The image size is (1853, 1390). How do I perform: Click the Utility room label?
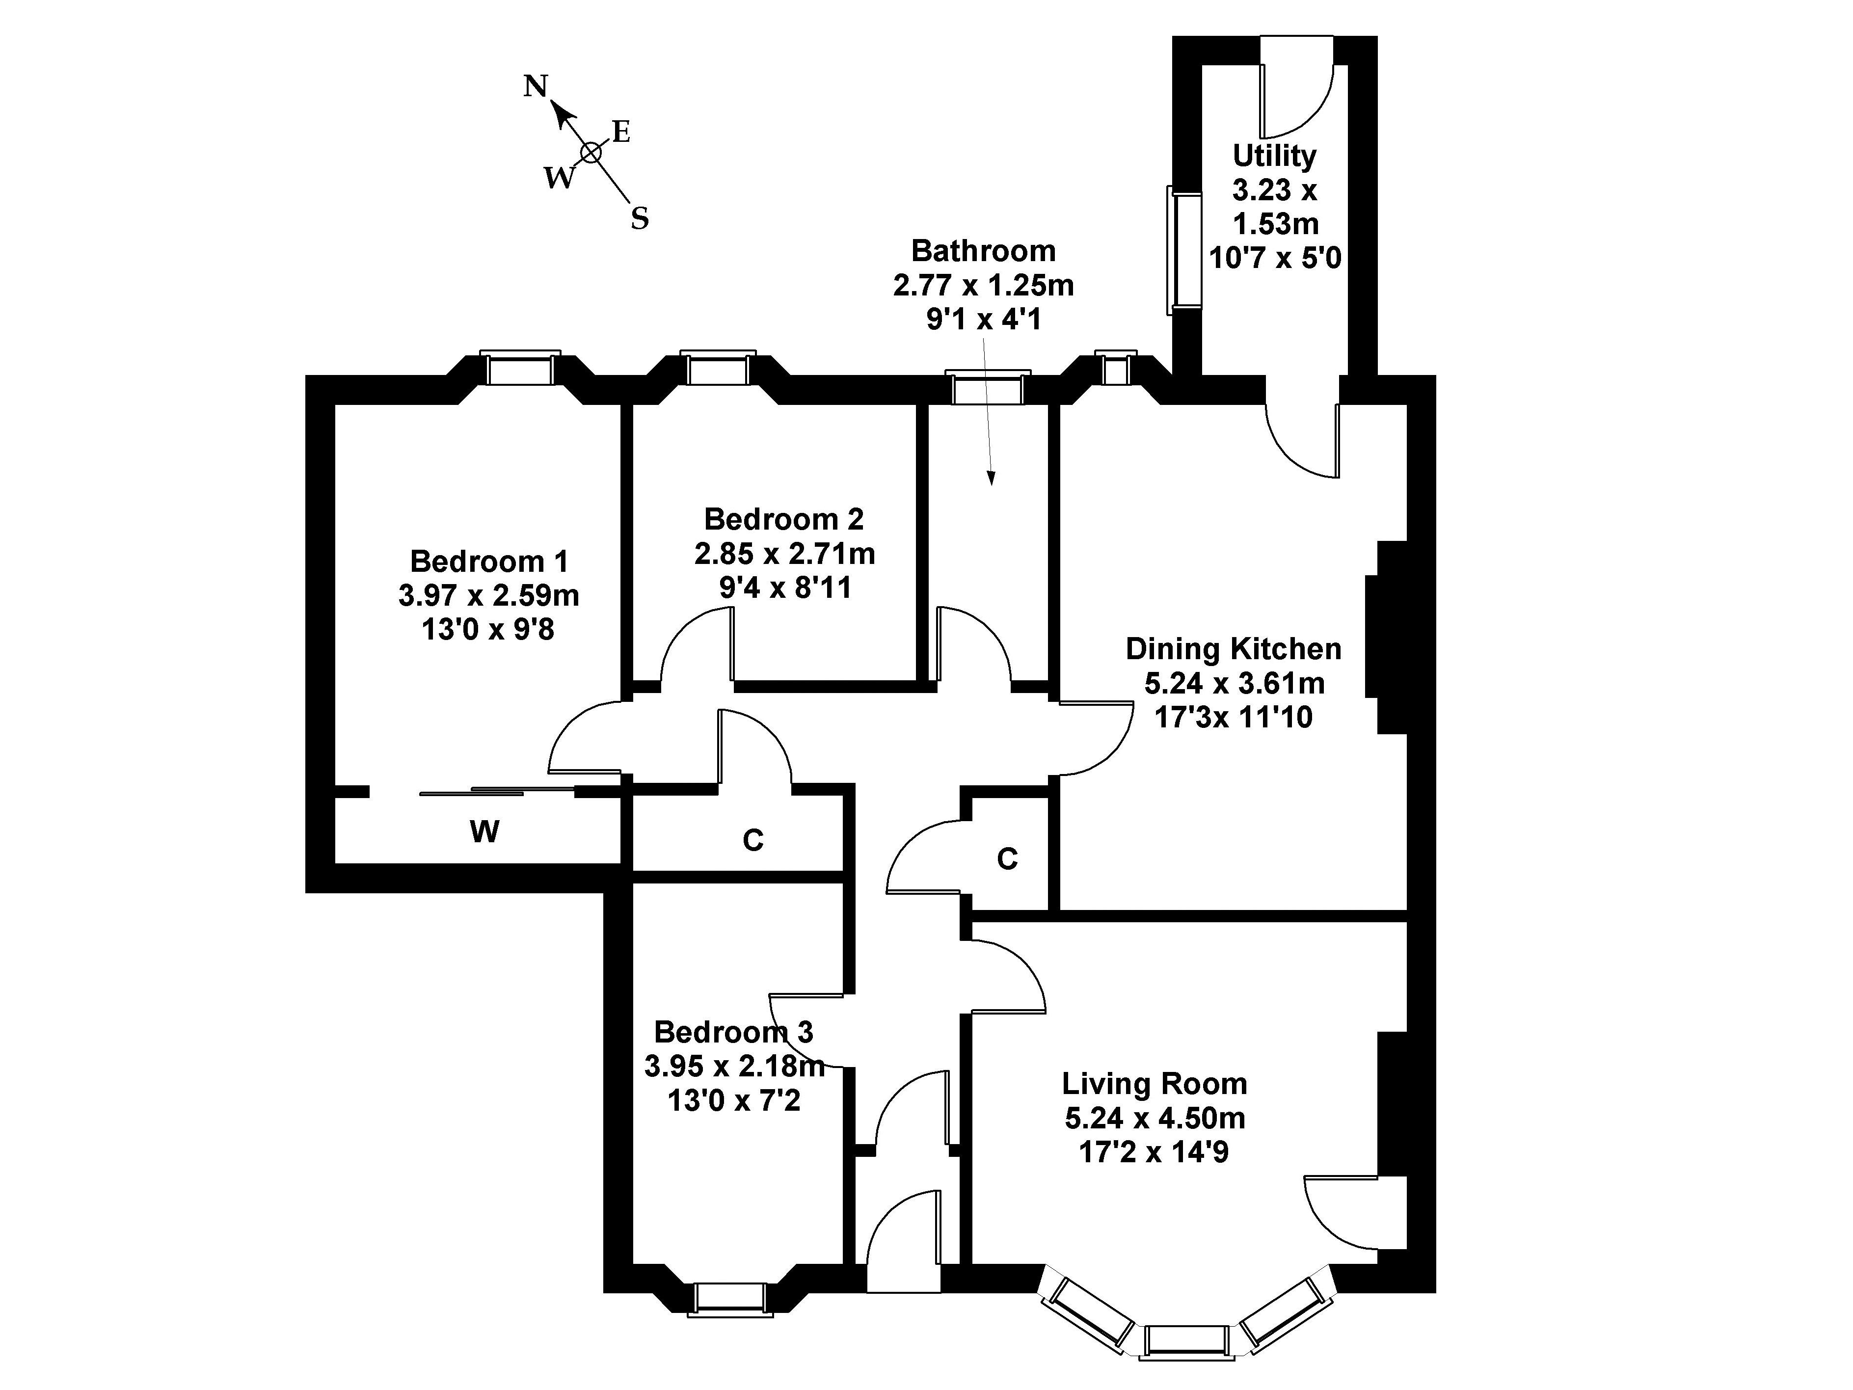(x=1274, y=156)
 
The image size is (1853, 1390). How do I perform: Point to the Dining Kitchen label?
(x=1233, y=648)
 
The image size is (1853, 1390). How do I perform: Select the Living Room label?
(x=1155, y=1083)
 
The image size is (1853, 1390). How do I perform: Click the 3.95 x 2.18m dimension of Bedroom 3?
(x=734, y=1067)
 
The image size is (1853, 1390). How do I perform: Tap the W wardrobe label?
(x=484, y=832)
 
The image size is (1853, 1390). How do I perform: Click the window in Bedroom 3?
(x=729, y=1298)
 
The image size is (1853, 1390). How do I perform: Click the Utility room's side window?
(x=1183, y=250)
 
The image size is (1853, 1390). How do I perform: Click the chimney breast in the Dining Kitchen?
(x=1386, y=637)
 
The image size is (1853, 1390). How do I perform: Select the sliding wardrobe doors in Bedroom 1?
(x=498, y=790)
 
